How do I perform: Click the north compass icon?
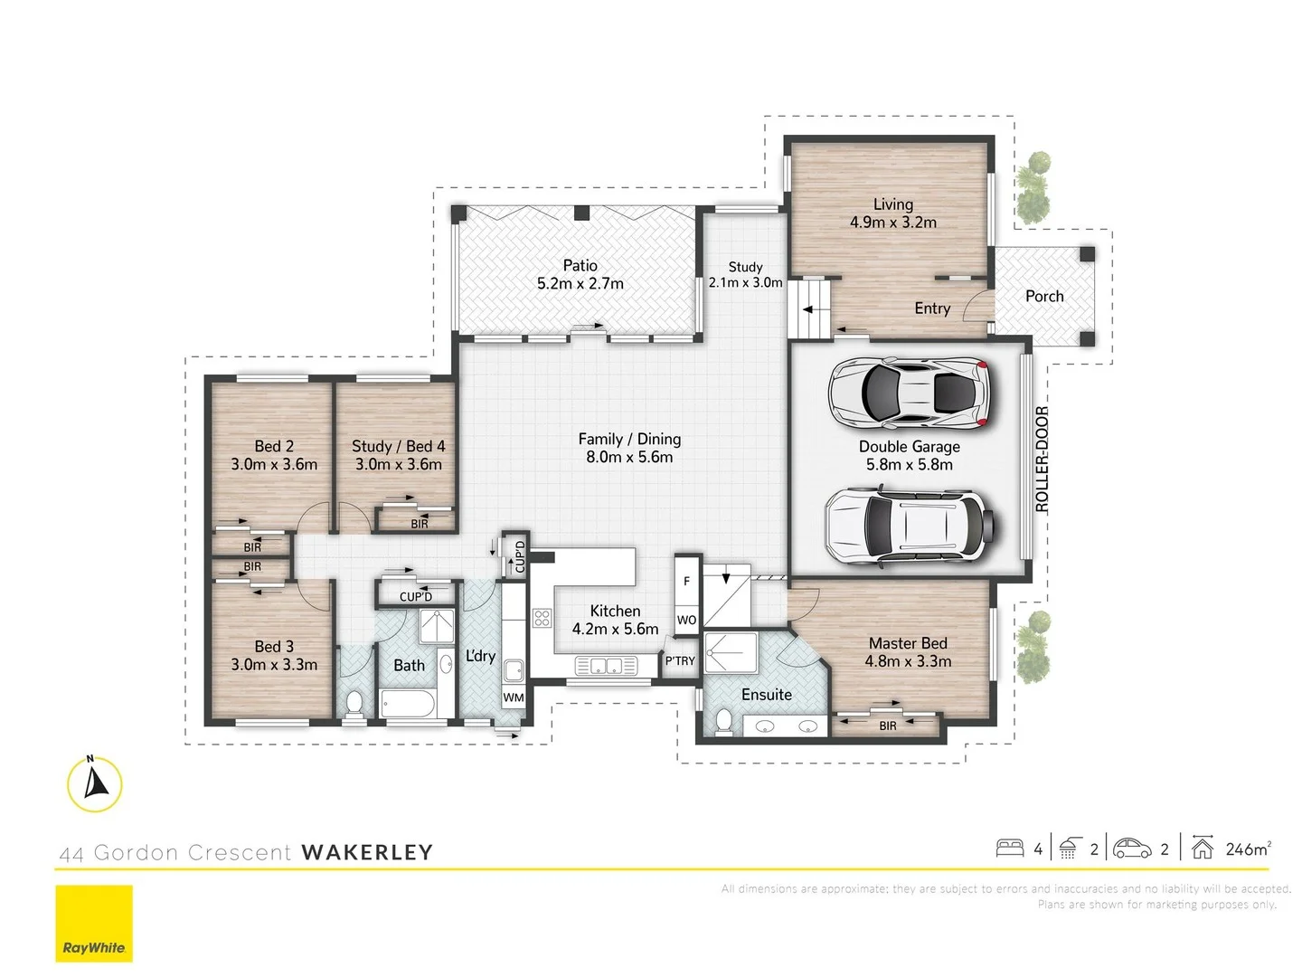[94, 783]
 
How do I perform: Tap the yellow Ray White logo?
[94, 923]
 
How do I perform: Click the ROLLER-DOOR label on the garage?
[1042, 460]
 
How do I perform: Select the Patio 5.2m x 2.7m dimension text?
[580, 283]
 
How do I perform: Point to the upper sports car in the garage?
[910, 393]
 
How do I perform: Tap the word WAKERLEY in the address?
[367, 852]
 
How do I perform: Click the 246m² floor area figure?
[1248, 849]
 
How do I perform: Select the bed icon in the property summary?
[1010, 848]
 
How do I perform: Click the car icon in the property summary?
[1132, 848]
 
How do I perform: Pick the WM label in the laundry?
[514, 697]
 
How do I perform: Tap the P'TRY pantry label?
[680, 661]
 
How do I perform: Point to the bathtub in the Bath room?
[407, 703]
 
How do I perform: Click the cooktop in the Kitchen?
[542, 619]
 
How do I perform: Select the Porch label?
[1044, 296]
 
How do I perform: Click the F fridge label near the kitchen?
[686, 582]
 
